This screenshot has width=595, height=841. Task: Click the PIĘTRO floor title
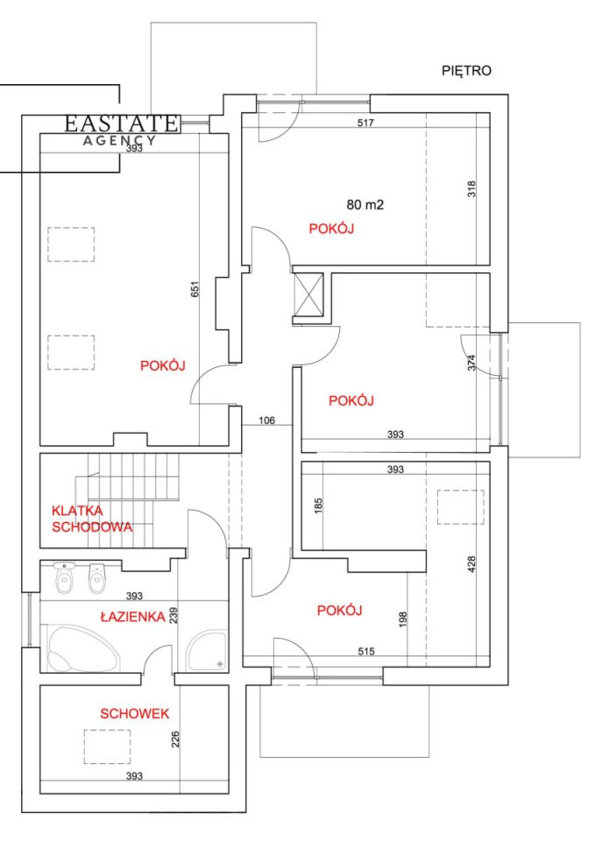466,71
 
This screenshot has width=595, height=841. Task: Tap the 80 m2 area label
365,204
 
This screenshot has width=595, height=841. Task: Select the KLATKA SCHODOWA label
92,519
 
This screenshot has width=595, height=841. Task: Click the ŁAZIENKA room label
132,617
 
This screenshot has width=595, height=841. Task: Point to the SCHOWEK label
135,713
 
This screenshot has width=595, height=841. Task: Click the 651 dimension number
195,289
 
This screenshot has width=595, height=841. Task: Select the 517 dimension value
365,123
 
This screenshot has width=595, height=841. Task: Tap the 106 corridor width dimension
266,420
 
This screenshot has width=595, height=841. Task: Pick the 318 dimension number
471,189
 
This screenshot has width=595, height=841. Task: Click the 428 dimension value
471,563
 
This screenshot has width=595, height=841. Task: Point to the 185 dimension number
318,505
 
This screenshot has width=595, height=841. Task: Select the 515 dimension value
366,651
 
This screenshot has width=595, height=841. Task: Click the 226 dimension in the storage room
175,739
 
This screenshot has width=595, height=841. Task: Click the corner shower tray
207,650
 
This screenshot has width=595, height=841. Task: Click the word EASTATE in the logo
121,124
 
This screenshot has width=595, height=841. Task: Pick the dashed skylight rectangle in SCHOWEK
107,746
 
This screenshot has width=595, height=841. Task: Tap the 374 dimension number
471,364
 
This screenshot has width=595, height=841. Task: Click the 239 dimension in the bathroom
174,615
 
